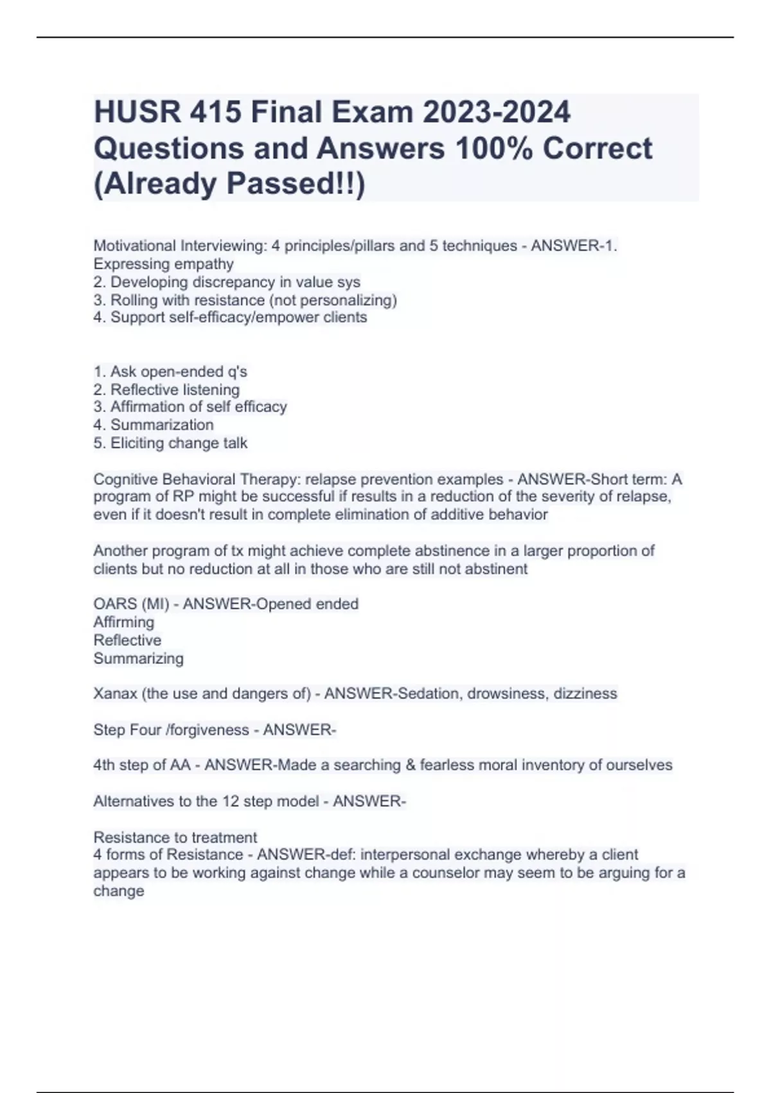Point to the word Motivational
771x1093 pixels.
(134, 246)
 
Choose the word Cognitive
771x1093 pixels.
(126, 480)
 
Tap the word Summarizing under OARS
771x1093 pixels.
(138, 658)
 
